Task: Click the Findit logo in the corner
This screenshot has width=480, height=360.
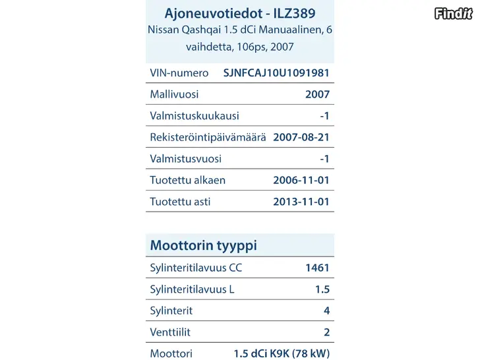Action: click(x=454, y=12)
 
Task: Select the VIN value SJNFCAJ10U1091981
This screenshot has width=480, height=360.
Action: click(x=276, y=73)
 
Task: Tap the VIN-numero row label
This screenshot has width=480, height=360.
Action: click(x=179, y=73)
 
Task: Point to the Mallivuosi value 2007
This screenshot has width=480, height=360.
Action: click(x=317, y=94)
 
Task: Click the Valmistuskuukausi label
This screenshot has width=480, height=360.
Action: click(x=195, y=116)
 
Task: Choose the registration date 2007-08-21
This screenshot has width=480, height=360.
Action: click(x=301, y=137)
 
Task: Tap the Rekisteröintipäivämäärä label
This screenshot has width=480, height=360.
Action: click(x=208, y=137)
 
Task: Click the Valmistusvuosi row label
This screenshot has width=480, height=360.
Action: click(x=186, y=159)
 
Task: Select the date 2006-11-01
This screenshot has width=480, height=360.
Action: click(x=301, y=180)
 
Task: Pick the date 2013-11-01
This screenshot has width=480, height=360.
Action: click(x=301, y=202)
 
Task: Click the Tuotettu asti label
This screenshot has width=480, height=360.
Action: click(x=181, y=202)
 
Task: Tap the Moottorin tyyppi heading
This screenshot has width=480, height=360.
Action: click(x=204, y=246)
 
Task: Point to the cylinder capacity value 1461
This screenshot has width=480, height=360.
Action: click(x=317, y=268)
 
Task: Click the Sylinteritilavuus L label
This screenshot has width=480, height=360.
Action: click(x=193, y=289)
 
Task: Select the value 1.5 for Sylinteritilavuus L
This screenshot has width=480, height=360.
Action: click(x=322, y=289)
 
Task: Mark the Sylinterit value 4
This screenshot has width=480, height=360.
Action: click(x=326, y=311)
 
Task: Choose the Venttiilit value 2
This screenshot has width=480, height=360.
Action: click(x=326, y=332)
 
